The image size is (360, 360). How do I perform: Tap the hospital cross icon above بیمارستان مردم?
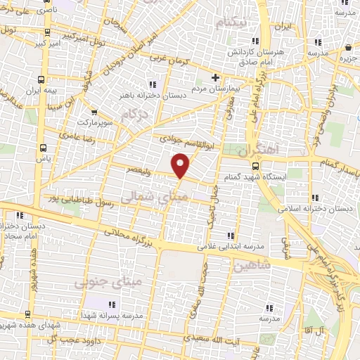click(x=216, y=77)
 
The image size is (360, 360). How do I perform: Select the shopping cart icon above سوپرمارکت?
click(x=94, y=111)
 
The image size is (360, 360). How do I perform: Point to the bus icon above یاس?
click(x=44, y=148)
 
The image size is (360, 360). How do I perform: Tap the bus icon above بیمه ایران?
click(x=44, y=79)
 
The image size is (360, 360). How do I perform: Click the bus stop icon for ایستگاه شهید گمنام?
click(x=254, y=167)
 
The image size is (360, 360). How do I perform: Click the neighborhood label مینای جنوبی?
click(x=97, y=281)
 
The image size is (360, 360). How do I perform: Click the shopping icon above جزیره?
click(x=348, y=47)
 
